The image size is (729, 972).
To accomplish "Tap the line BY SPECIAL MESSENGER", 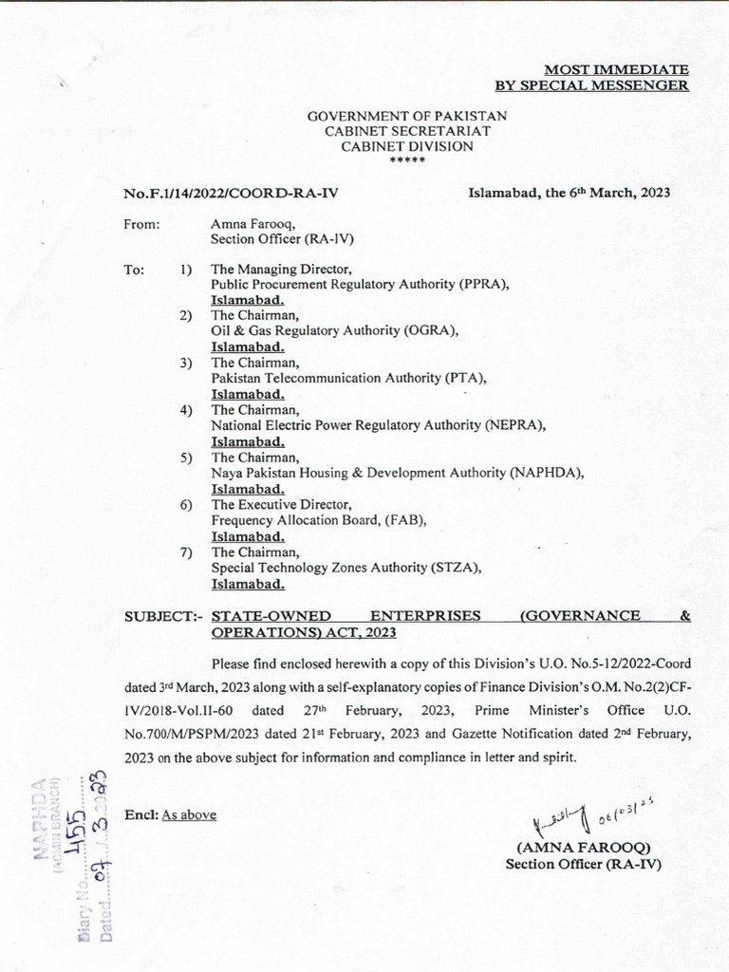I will point(593,85).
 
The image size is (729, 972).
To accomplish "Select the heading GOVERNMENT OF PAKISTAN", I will point(407,116).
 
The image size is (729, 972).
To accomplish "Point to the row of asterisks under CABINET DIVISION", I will point(407,161).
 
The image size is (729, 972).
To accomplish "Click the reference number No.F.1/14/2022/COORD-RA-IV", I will point(231,193).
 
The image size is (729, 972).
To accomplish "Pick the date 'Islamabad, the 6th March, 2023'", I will point(570,192).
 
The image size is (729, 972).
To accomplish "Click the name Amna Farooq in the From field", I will point(249,225).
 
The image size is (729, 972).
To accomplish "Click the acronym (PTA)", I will point(465,377).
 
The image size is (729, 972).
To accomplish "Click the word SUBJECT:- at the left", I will point(164,617).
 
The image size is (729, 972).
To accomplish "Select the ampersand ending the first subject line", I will point(685,616).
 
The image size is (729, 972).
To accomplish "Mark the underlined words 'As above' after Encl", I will point(189,814).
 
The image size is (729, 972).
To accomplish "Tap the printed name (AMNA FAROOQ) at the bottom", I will point(583,848).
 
